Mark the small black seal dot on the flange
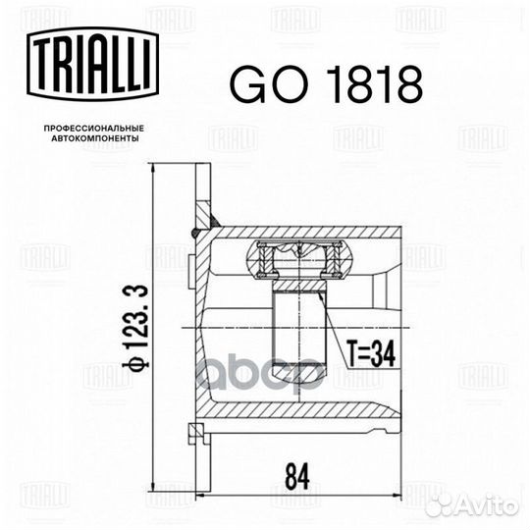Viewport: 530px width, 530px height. coord(196,232)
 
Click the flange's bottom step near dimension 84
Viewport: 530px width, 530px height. coord(202,432)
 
